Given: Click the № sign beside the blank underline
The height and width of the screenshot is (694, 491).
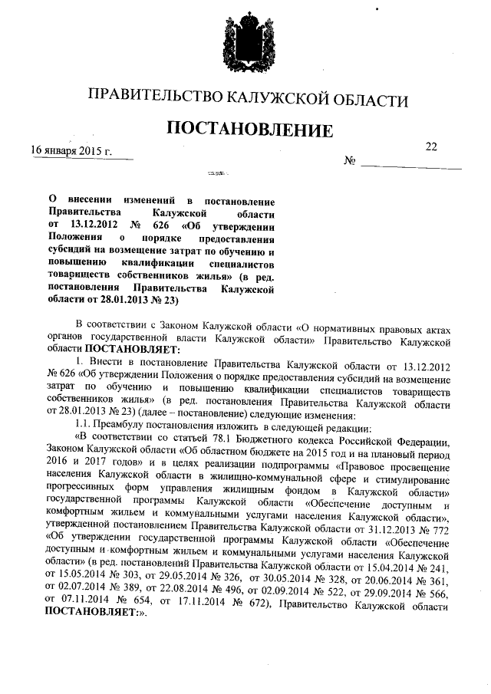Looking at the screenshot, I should coord(349,162).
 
